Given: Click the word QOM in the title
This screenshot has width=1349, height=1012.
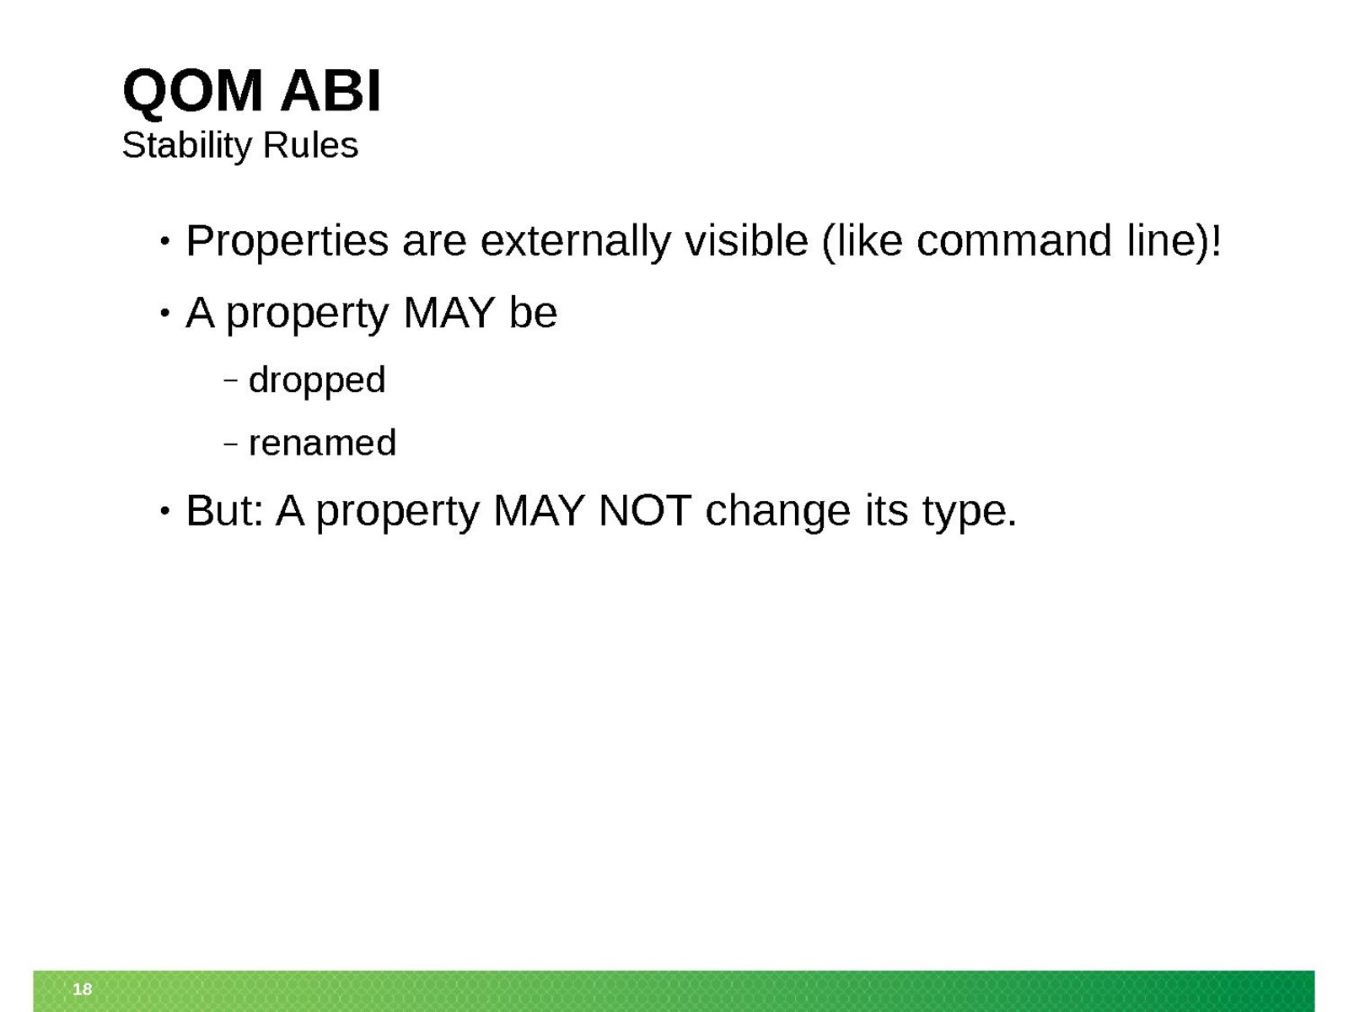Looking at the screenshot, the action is point(192,92).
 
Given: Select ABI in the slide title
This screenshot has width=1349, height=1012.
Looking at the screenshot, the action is point(331,91).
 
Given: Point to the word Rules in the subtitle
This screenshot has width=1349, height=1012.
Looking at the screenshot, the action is point(310,146).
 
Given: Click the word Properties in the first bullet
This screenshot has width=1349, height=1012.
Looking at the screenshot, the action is point(287,242).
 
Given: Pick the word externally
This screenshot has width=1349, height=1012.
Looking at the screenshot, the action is point(575,242).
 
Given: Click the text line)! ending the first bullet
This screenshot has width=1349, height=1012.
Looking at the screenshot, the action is point(1174,241).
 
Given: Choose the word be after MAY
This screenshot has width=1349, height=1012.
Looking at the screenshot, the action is point(533,313).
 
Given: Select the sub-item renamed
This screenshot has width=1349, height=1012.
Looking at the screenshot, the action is point(322,443).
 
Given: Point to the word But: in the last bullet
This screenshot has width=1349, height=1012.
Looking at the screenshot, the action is point(224,510).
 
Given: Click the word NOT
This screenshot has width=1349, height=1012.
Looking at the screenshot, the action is point(645,510).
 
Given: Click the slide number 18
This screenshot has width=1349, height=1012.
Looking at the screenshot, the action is point(83,988).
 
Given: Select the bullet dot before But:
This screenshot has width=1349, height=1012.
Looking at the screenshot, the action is point(164,511).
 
